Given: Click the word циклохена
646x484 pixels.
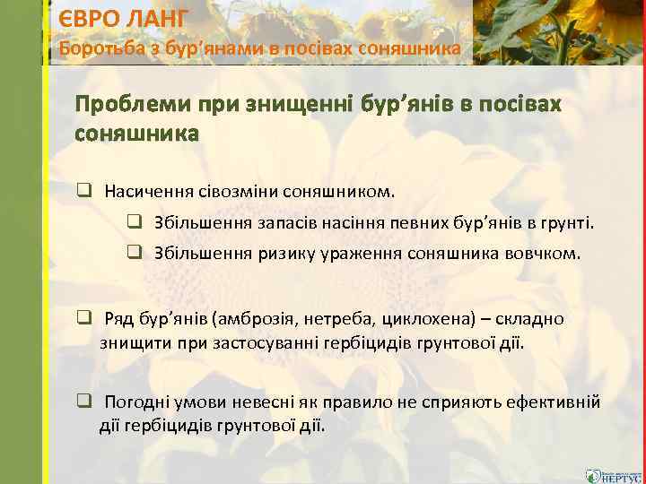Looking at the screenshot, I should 421,319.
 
